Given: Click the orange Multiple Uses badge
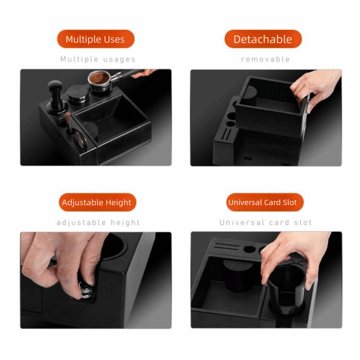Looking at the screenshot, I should coord(95,39).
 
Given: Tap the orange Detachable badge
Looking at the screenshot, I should coord(263,39).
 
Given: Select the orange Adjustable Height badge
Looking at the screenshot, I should coord(96,202).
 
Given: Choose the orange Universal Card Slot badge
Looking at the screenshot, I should coord(262,202).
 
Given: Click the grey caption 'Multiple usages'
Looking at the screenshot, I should coord(98,59).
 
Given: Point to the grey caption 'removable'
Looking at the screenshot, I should coord(265,59).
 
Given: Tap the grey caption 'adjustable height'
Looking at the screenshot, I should coord(98,223).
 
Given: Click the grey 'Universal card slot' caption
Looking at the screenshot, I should coord(265,223).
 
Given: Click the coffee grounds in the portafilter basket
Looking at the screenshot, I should coord(99,77).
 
